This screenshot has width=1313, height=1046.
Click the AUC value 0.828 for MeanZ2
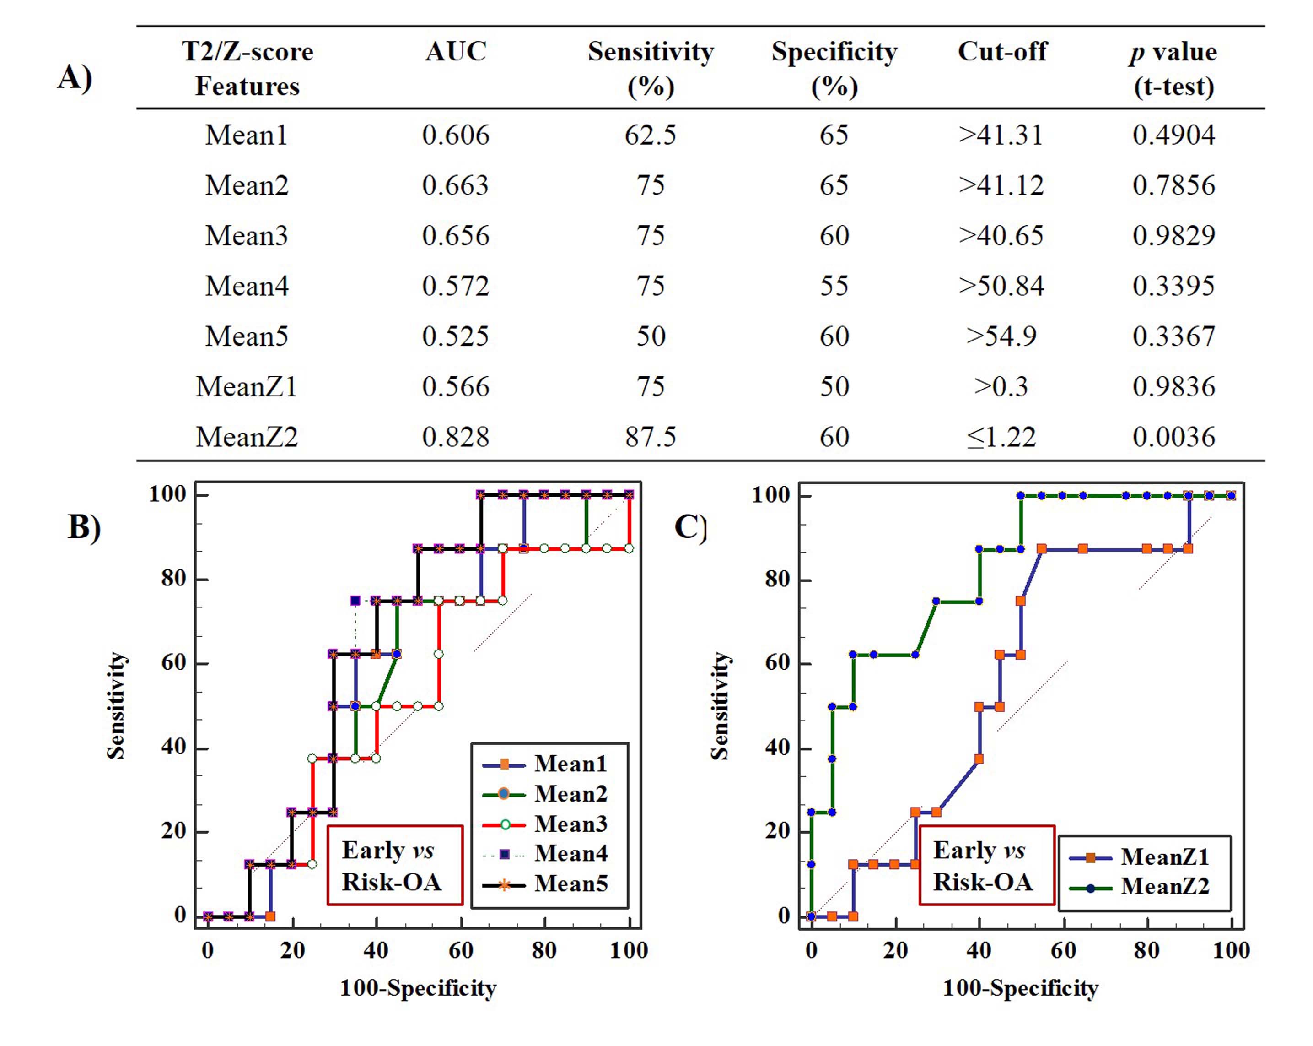tap(456, 437)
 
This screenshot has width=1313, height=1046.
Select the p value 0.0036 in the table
tap(1173, 437)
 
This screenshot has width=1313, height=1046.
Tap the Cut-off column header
tap(1002, 52)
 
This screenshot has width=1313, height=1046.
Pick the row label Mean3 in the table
tap(247, 236)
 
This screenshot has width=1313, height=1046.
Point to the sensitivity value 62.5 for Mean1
tap(651, 135)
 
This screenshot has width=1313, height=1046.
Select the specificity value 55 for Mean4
tap(834, 286)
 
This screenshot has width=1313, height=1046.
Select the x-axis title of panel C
tap(1021, 988)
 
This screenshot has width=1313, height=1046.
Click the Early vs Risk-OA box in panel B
tap(395, 865)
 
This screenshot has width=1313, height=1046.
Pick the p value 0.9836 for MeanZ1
tap(1173, 387)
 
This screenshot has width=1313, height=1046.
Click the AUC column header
tap(456, 52)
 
